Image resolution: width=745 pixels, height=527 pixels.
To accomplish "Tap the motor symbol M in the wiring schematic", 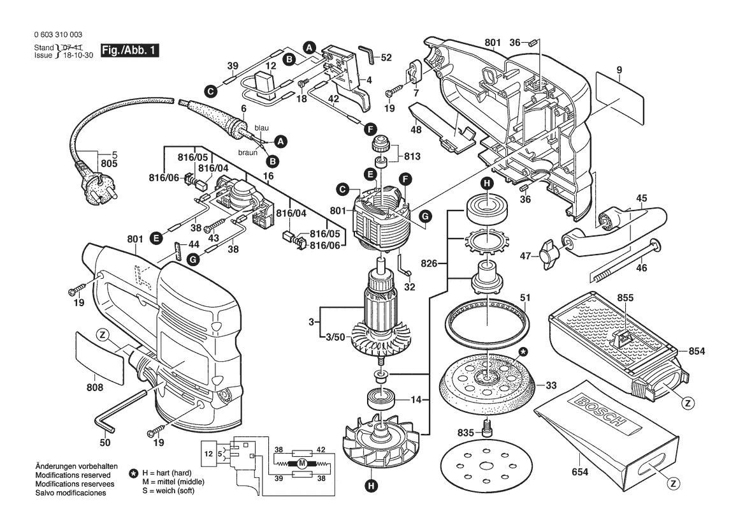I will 302,463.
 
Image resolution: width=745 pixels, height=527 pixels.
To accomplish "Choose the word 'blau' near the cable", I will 261,128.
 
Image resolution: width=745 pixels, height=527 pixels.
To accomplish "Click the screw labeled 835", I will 488,427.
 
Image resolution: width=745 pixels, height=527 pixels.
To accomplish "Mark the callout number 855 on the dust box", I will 625,297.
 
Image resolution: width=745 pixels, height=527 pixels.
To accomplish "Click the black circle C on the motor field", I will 343,189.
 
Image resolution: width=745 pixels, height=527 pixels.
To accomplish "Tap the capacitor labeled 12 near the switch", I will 262,84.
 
